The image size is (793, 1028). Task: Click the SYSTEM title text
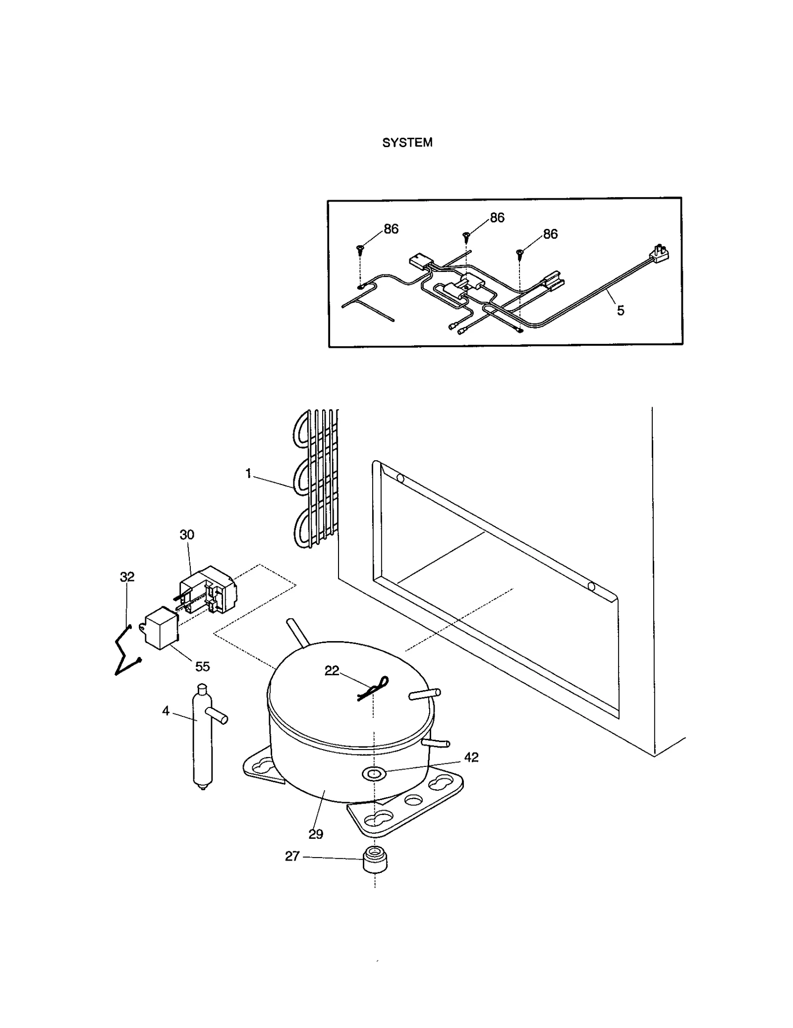407,143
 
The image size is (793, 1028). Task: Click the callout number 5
620,311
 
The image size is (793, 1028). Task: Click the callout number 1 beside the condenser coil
248,474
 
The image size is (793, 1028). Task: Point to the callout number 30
187,535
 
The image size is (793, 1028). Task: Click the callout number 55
202,666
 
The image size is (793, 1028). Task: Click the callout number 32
127,577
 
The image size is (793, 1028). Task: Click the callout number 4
166,711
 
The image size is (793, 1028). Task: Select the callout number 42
471,757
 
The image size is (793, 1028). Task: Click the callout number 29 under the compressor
316,834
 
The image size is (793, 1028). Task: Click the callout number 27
292,856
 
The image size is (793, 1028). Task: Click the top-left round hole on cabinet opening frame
400,479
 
